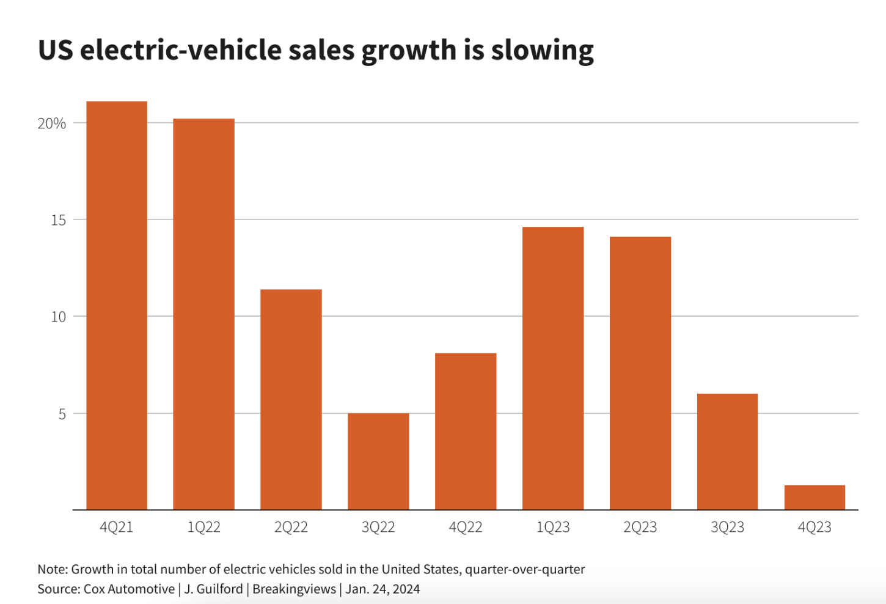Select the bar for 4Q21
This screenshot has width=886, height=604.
point(117,306)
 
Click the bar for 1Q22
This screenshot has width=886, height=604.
point(203,314)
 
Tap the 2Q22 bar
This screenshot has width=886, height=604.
point(291,400)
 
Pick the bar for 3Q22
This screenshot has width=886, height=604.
point(378,462)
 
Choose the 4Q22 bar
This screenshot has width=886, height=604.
point(466,432)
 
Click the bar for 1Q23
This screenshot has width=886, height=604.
point(553,369)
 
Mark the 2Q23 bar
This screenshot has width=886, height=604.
point(640,374)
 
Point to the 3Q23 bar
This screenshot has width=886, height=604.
point(727,452)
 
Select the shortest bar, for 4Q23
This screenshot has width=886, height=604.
point(815,498)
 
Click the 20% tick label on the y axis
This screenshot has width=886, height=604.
point(51,123)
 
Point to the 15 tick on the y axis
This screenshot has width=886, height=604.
point(58,220)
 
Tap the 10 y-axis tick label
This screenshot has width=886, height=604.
point(58,317)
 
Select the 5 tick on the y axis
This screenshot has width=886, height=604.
point(62,414)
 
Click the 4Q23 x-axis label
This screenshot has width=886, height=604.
point(815,527)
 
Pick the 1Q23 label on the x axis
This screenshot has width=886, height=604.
point(553,527)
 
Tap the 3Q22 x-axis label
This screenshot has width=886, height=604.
point(378,527)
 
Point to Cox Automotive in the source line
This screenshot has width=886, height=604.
point(129,589)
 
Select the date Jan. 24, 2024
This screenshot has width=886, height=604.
point(383,589)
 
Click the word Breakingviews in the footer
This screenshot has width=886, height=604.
point(294,589)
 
